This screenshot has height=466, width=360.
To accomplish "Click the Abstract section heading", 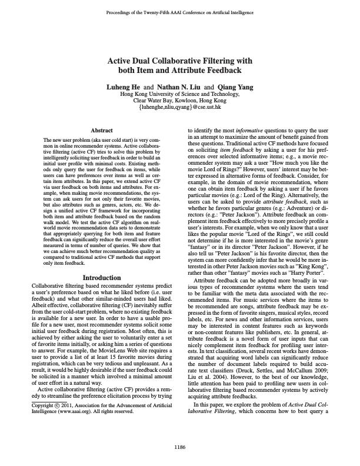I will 102,129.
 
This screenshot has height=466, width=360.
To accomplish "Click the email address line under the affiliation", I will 180,108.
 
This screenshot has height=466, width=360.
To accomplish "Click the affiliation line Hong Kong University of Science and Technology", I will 180,94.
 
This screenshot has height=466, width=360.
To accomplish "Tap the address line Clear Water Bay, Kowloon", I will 180,101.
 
